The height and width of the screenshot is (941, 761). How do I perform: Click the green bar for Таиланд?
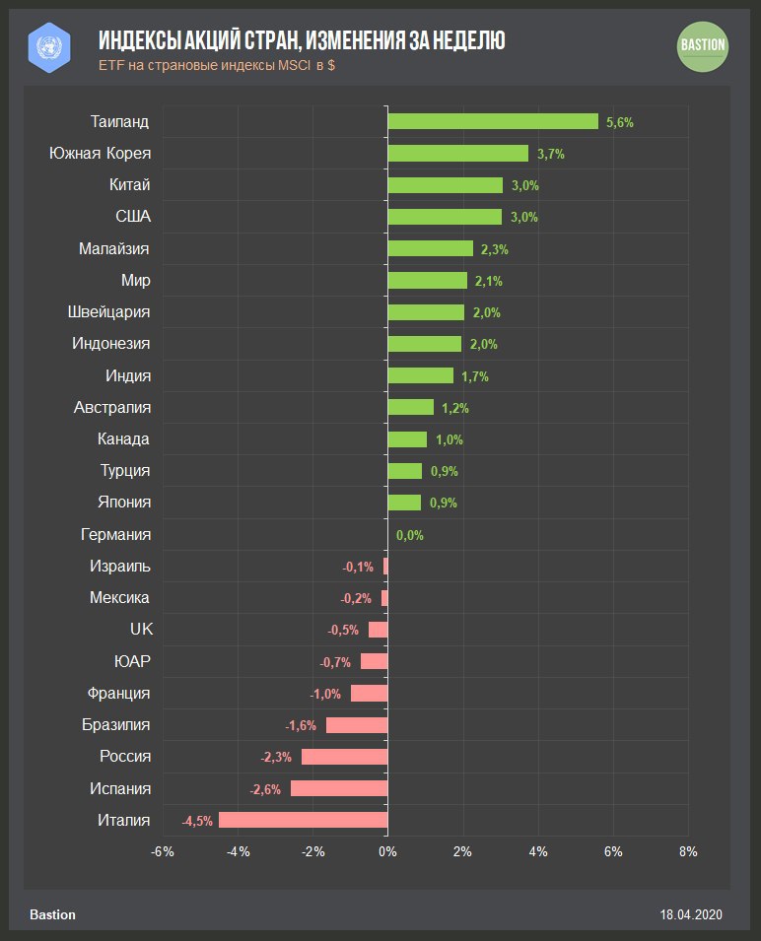pyautogui.click(x=493, y=121)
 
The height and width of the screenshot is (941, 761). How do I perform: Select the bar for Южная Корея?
pyautogui.click(x=457, y=154)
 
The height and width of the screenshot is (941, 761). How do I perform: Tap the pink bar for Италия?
pyautogui.click(x=304, y=820)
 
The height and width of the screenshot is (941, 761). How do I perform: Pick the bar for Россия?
pyautogui.click(x=345, y=757)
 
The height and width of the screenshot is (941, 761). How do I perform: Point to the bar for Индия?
pyautogui.click(x=421, y=375)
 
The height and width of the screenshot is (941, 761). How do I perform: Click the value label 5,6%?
pyautogui.click(x=620, y=122)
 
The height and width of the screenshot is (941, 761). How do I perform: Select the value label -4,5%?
pyautogui.click(x=197, y=821)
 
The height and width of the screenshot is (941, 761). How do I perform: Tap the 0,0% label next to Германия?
pyautogui.click(x=410, y=535)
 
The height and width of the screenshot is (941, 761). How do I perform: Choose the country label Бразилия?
pyautogui.click(x=116, y=725)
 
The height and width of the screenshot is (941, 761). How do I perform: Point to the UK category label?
pyautogui.click(x=141, y=630)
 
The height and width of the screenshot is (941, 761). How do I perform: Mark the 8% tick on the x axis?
pyautogui.click(x=688, y=851)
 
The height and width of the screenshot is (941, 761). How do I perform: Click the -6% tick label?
pyautogui.click(x=163, y=851)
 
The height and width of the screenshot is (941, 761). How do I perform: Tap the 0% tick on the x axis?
pyautogui.click(x=387, y=851)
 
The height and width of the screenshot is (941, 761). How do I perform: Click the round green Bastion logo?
pyautogui.click(x=703, y=45)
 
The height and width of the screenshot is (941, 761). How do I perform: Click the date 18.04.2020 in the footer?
pyautogui.click(x=692, y=915)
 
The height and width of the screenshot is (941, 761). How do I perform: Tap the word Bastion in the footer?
pyautogui.click(x=52, y=915)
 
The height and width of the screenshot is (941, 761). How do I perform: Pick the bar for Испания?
pyautogui.click(x=339, y=788)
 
